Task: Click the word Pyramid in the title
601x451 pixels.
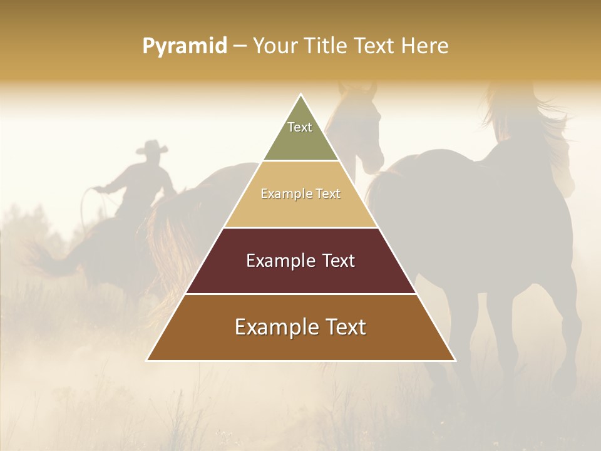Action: click(185, 46)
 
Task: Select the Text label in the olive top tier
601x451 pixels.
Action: click(300, 127)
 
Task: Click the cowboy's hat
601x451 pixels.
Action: click(152, 148)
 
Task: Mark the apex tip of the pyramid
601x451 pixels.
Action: click(301, 96)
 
